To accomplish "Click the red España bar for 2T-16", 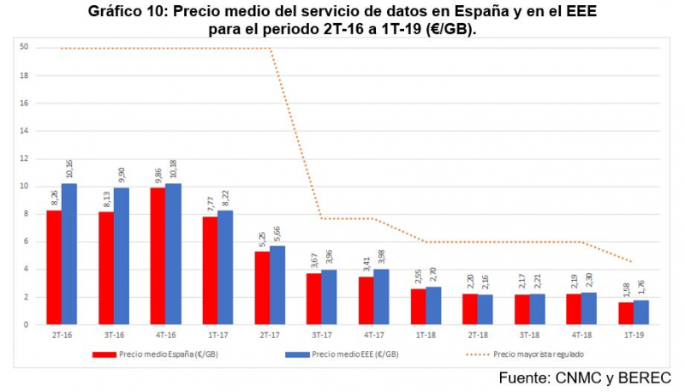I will point(53,267).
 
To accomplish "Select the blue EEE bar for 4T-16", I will point(174,253).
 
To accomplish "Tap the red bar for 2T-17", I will point(261,288).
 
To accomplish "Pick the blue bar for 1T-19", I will point(640,312).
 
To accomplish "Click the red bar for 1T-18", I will point(418,306).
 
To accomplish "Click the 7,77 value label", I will point(210,204).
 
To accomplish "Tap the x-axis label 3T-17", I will point(321,336).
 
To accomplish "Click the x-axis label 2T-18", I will point(478,336).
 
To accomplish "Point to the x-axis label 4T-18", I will point(581,336).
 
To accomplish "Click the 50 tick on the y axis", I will point(25,48).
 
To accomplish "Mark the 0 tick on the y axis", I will point(27,324).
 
